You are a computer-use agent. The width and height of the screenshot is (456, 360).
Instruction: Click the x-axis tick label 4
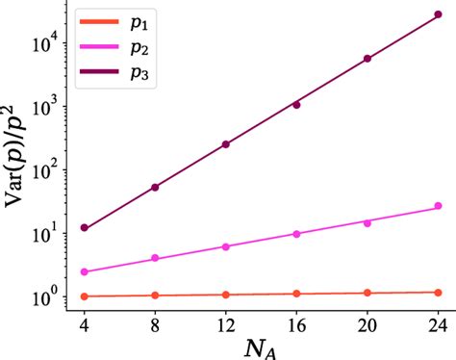pos(85,317)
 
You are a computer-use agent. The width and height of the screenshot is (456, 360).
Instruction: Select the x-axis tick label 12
pos(226,317)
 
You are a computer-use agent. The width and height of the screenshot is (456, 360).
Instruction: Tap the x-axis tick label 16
pos(296,317)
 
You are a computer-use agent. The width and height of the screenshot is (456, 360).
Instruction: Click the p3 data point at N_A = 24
pos(438,14)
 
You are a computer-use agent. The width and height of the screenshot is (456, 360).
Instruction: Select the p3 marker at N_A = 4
pos(85,228)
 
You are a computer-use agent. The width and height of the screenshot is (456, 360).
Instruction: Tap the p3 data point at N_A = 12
pos(226,144)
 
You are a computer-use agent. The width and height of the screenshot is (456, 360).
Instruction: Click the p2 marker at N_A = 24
pos(438,206)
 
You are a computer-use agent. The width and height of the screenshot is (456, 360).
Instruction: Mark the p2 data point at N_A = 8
pos(155,258)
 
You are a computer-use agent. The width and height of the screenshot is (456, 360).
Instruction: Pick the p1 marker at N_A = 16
pos(296,294)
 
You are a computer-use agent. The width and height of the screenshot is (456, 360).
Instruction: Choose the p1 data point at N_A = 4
pos(85,296)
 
